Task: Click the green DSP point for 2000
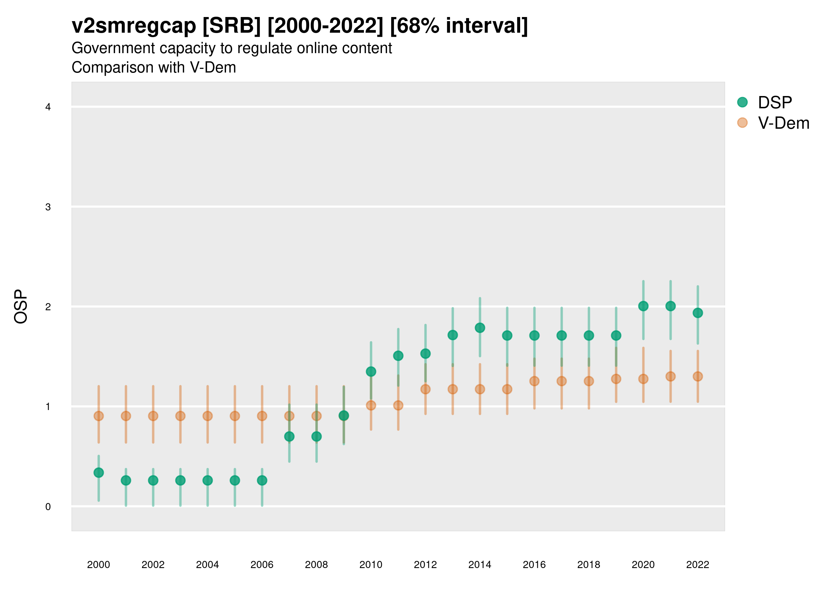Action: coord(99,473)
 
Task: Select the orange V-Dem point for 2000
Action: coord(99,416)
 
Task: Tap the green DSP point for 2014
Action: coord(480,328)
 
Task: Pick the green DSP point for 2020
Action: coord(643,306)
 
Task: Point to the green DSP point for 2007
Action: coord(289,436)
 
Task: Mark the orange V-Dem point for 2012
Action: coord(426,389)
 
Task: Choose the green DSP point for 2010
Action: coord(371,371)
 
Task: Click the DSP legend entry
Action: coord(774,103)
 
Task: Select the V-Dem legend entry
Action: coord(783,123)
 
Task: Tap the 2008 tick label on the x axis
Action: coord(316,565)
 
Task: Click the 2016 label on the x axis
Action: coord(534,565)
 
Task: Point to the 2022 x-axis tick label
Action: coord(697,565)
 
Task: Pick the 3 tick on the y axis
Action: coord(48,207)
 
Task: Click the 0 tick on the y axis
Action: coord(48,507)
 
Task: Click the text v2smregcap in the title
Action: coord(134,26)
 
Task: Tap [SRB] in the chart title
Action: coord(231,26)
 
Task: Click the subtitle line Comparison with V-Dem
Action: coord(154,68)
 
